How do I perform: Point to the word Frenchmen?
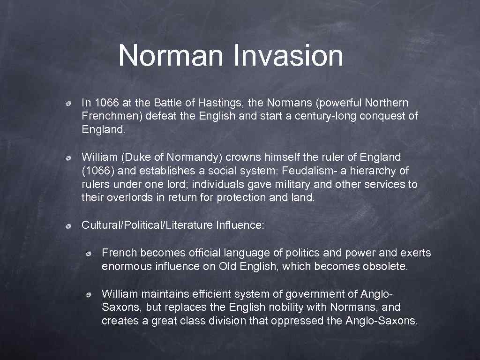coord(111,116)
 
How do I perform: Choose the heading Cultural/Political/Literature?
coord(147,225)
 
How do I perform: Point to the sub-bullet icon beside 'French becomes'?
coord(89,254)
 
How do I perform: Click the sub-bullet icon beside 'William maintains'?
coord(89,294)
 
